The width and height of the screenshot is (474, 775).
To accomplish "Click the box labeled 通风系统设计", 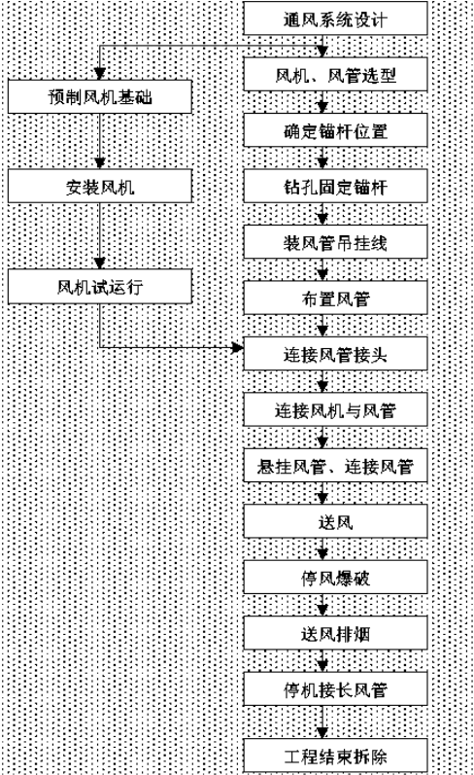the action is pos(335,18).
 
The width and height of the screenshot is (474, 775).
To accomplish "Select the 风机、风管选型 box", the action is pos(335,74).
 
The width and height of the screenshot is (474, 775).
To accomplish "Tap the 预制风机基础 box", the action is pos(100,96).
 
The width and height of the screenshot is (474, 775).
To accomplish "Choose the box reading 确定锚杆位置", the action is pos(335,130).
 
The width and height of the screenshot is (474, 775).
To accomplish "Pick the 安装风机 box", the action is pos(100,186).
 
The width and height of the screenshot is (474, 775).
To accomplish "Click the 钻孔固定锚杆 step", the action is pos(335,186).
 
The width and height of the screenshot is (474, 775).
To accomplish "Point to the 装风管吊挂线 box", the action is pos(335,242).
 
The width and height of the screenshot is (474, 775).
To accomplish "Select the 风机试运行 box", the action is pos(100,286).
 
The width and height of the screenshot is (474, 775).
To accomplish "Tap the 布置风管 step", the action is pos(335,298).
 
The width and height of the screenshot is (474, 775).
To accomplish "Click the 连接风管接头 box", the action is pos(335,353).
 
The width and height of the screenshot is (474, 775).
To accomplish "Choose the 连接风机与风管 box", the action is pos(335,409).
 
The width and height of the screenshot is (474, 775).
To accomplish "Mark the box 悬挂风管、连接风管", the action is pos(335,466).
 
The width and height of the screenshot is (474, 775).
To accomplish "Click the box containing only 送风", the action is pos(335,521).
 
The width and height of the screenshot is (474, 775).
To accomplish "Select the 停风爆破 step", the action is pos(335,578).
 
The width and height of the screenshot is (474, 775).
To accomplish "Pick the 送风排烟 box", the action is pos(335,633).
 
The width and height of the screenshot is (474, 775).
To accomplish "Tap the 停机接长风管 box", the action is pos(335,689).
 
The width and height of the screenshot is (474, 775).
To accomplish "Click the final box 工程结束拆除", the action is pos(335,756).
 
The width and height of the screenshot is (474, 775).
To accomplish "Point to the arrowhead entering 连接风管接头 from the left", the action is pos(238,348).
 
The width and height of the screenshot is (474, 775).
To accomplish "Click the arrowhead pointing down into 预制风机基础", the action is pos(100,74).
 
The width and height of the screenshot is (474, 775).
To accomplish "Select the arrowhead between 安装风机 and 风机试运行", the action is pos(100,263).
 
